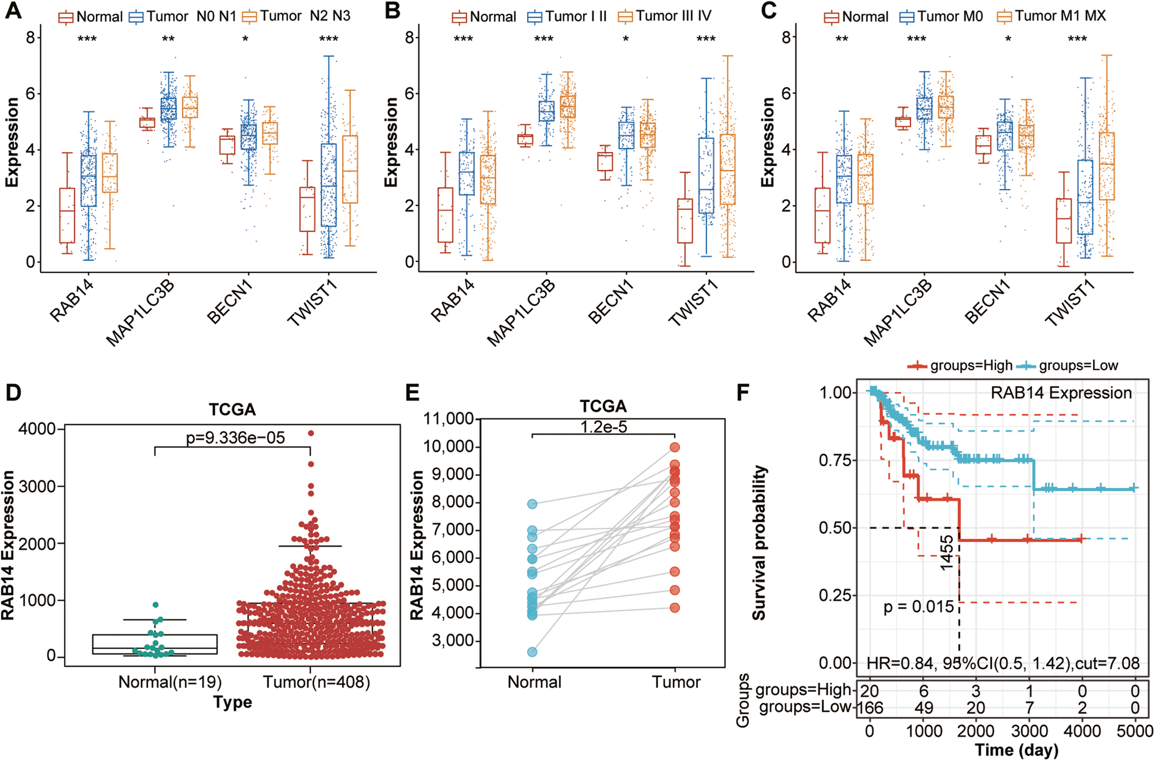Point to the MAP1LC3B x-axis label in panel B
point(521,313)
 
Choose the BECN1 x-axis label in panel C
point(988,303)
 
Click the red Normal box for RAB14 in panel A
point(67,215)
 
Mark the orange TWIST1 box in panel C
point(1106,166)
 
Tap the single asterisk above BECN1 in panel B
point(626,40)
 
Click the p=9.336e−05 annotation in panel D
point(235,438)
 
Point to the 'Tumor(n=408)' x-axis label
point(316,682)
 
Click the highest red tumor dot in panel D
point(311,433)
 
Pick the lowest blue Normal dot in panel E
point(532,652)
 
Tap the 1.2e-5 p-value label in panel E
point(604,427)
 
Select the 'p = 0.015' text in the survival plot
point(918,607)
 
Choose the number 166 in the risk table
point(870,708)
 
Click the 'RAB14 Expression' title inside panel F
point(1061,393)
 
